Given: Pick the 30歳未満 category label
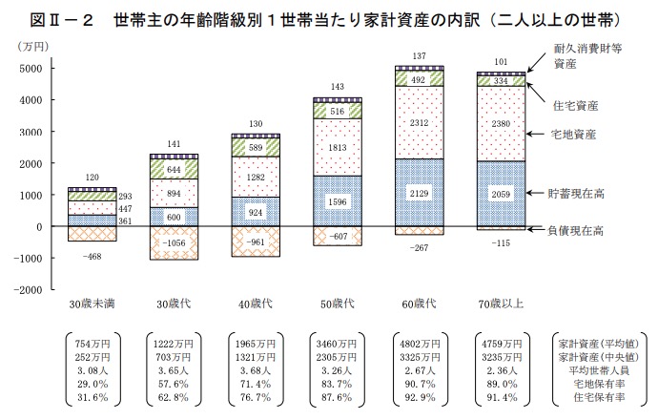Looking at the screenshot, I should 93,304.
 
